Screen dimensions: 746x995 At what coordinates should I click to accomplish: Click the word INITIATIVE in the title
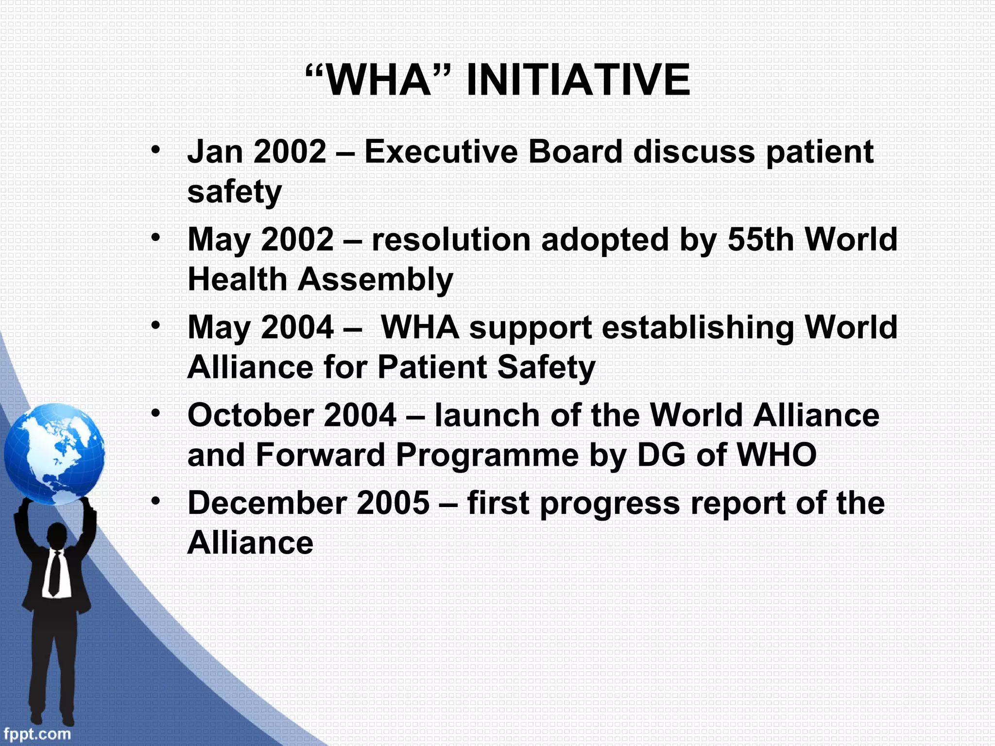pos(578,80)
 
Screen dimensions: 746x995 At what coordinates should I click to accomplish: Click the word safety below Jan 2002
pos(234,192)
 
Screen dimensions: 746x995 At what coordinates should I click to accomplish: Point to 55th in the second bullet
pos(760,239)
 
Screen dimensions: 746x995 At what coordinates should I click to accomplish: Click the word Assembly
pos(375,280)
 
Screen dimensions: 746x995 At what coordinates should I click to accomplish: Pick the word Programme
pos(487,456)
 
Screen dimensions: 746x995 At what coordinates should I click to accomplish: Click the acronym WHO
pos(776,456)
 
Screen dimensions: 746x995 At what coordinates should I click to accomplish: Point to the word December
pos(267,503)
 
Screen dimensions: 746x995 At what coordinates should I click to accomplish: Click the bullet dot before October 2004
pos(155,413)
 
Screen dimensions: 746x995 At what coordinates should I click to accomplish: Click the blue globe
pos(54,454)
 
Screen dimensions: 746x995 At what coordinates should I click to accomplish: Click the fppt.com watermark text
pos(36,733)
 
